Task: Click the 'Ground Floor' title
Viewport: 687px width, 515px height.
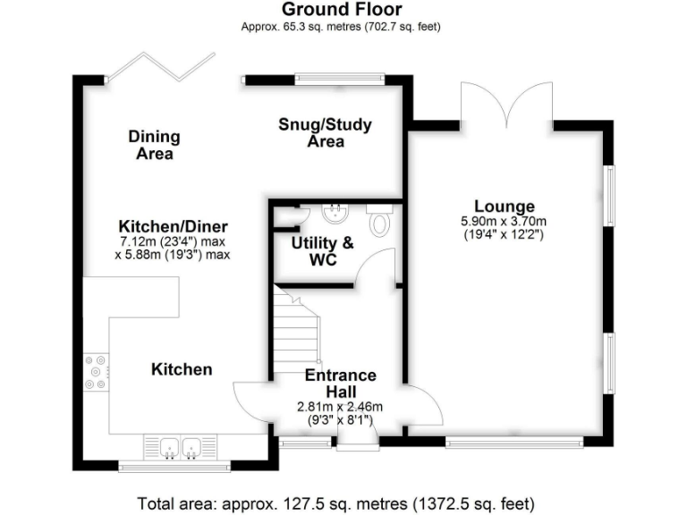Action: (x=342, y=10)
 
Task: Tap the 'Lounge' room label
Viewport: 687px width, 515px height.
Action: (x=505, y=207)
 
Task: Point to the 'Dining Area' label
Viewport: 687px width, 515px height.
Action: (x=154, y=145)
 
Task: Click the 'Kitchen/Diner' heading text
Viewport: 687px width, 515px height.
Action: (x=174, y=226)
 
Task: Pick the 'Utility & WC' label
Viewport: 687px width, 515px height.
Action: (x=323, y=250)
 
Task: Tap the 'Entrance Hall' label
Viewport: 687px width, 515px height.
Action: (x=340, y=384)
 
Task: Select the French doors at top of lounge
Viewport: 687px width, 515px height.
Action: (x=506, y=103)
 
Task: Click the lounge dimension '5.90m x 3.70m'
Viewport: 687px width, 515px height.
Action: (x=504, y=222)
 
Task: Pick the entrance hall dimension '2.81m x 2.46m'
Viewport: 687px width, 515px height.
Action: (x=340, y=406)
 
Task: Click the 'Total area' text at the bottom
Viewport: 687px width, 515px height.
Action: (x=336, y=502)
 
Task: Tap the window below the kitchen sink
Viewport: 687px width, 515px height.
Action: (x=174, y=465)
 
